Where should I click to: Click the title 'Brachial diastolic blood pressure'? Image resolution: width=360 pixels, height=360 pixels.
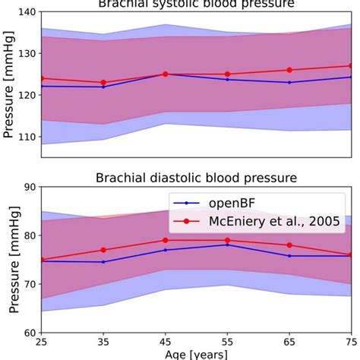196,178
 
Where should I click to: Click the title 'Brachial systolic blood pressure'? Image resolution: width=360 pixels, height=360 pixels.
196,4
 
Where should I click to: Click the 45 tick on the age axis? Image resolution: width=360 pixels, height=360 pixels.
165,343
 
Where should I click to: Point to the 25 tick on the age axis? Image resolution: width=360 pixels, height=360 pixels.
41,343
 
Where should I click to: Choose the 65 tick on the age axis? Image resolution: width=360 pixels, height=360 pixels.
289,343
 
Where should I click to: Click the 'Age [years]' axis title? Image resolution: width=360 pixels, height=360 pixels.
196,354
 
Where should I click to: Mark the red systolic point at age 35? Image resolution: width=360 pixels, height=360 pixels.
103,83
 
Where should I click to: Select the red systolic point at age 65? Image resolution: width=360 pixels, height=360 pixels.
289,70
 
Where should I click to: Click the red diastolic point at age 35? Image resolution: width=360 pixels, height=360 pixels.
103,250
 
